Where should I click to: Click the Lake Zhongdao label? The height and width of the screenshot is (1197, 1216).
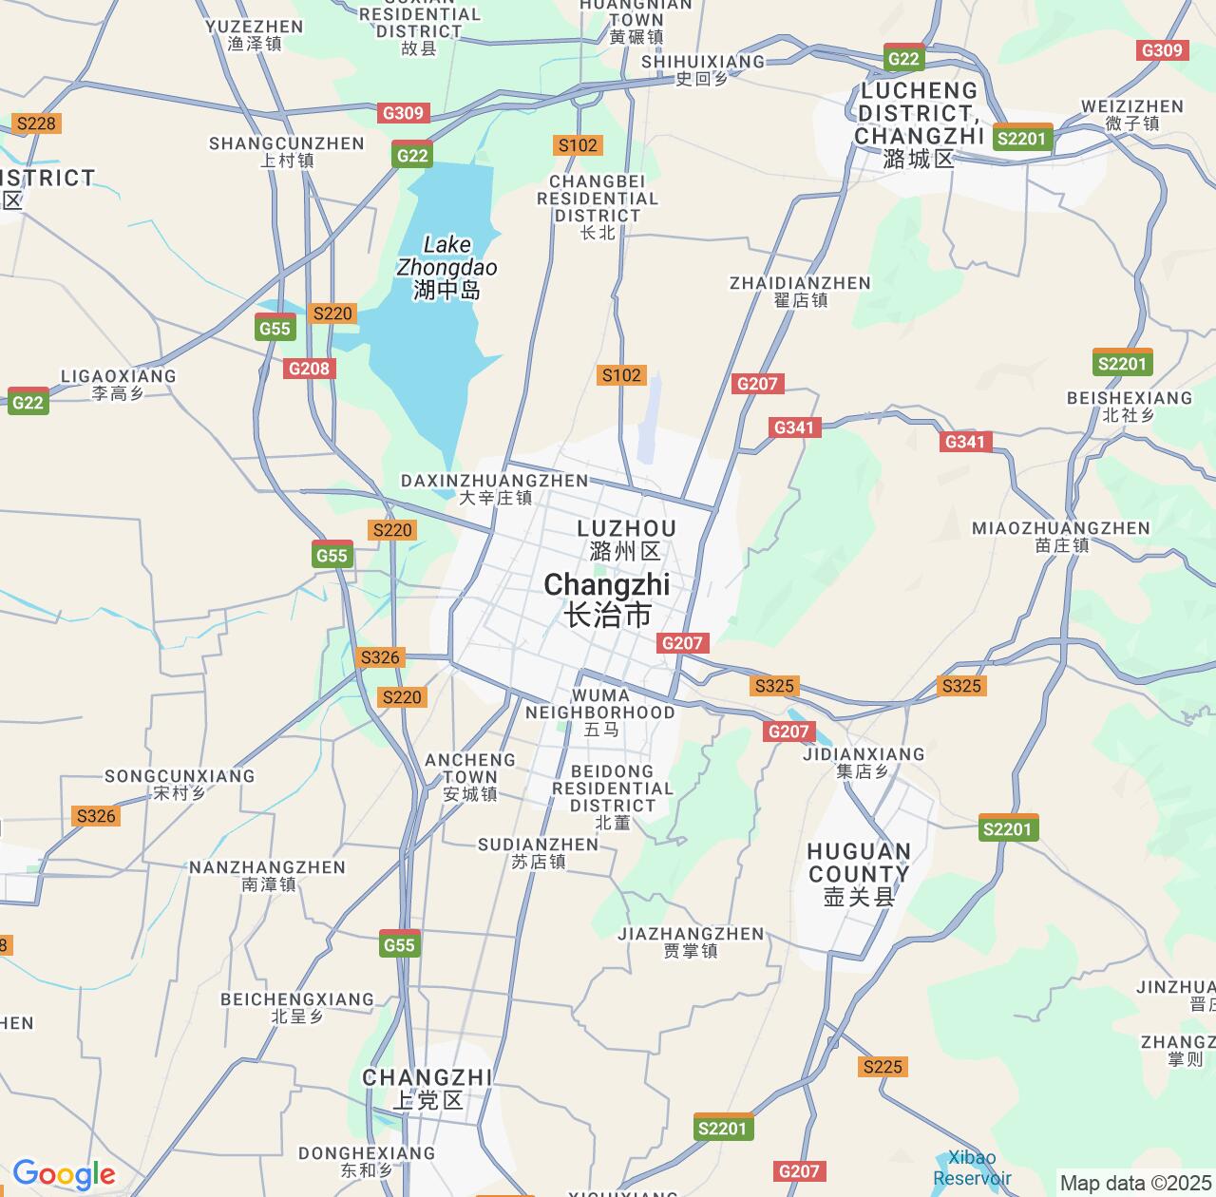point(446,267)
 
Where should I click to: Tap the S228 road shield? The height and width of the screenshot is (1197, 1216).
point(37,123)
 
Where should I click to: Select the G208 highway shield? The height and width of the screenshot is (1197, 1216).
point(309,369)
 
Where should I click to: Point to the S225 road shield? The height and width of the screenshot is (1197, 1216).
point(882,1067)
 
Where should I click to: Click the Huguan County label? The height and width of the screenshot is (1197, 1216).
point(859,874)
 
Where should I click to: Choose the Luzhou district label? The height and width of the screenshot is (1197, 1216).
point(626,540)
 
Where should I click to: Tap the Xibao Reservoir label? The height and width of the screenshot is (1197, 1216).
point(972,1168)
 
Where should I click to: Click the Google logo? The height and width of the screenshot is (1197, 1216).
point(63,1175)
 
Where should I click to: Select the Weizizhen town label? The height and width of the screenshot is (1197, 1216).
point(1132,114)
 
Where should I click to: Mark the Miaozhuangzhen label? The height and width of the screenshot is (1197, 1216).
point(1061,536)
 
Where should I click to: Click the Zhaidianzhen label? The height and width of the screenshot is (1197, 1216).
point(800,291)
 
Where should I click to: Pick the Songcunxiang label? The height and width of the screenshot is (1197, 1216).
point(180,784)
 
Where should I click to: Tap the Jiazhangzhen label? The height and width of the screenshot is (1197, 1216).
point(691,941)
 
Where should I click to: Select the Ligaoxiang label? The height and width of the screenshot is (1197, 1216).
point(118,384)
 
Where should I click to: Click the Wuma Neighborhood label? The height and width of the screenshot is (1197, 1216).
point(600,712)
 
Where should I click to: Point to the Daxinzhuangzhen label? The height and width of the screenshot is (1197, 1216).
point(495,488)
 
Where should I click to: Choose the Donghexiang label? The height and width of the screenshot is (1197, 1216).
point(367,1161)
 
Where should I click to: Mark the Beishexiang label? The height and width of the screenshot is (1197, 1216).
point(1129,406)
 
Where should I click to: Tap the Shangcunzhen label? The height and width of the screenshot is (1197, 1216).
point(286,151)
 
